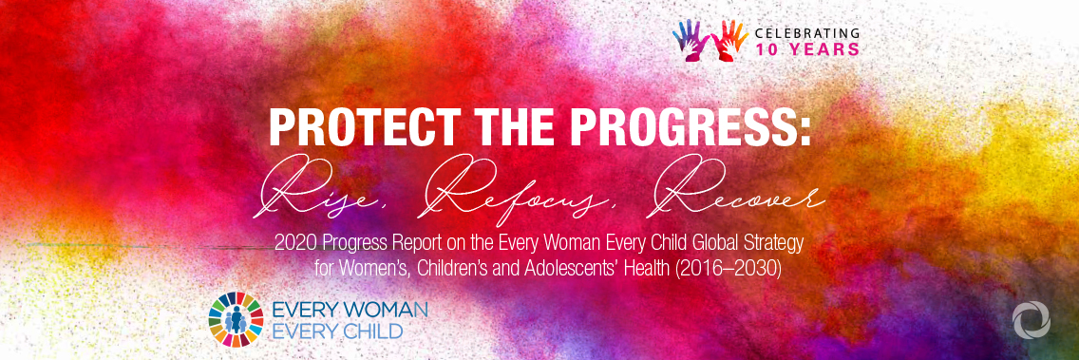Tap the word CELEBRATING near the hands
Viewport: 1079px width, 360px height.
pyautogui.click(x=806, y=32)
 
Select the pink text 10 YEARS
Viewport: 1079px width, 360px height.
pyautogui.click(x=806, y=48)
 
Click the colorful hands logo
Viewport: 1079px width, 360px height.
pyautogui.click(x=710, y=39)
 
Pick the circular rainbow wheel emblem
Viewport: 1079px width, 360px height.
pyautogui.click(x=236, y=320)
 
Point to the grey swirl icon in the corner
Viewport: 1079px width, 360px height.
pyautogui.click(x=1031, y=321)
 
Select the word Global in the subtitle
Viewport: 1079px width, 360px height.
pyautogui.click(x=709, y=243)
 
